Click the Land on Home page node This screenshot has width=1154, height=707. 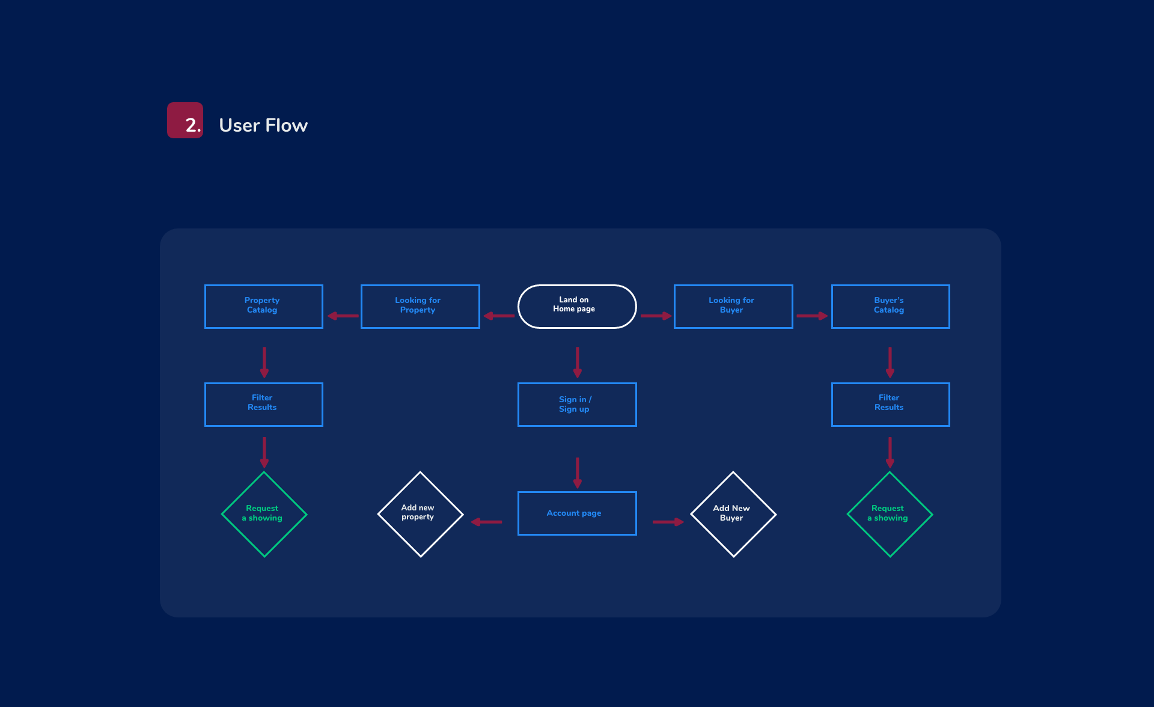[x=576, y=306]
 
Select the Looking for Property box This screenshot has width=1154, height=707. [x=420, y=306]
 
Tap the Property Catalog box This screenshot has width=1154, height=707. [x=263, y=306]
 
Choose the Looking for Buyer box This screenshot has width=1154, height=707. [x=733, y=306]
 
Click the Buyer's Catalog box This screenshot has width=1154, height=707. [x=890, y=306]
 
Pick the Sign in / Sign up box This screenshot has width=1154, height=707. [x=576, y=404]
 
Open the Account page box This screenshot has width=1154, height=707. [x=576, y=513]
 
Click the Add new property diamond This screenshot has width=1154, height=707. [x=420, y=514]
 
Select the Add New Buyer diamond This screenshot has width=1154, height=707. [x=733, y=514]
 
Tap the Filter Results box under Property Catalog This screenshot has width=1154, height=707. [x=263, y=404]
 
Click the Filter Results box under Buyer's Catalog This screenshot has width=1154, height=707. [x=890, y=404]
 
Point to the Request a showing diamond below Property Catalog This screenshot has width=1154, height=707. [x=264, y=514]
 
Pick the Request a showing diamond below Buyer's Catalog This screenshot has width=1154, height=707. [x=890, y=514]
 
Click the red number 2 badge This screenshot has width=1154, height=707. [x=185, y=120]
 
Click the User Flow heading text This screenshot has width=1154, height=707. [x=263, y=125]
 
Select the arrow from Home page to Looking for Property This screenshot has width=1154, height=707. [x=499, y=316]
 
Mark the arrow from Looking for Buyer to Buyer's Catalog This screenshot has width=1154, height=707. [x=812, y=316]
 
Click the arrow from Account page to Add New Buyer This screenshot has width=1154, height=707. [x=668, y=522]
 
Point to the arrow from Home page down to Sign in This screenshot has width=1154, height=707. [x=577, y=362]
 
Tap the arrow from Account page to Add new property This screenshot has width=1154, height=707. [x=486, y=522]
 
